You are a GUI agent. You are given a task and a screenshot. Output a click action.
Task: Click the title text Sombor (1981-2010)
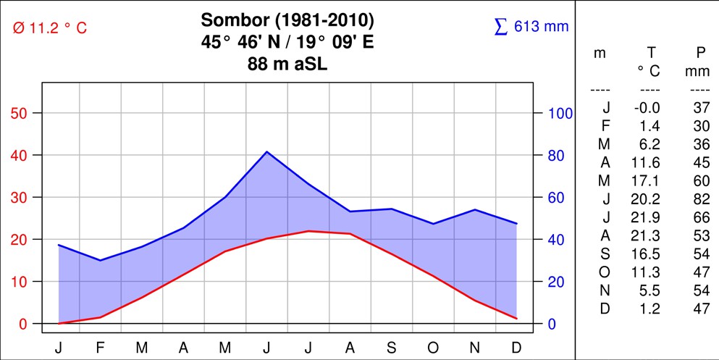click(287, 20)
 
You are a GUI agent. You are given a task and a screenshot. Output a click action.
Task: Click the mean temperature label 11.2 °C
click(49, 28)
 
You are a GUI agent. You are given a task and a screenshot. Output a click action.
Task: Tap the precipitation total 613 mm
click(531, 27)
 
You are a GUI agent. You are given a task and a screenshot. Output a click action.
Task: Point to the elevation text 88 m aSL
click(287, 64)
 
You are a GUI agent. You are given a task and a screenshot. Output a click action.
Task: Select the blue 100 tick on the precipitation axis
click(560, 113)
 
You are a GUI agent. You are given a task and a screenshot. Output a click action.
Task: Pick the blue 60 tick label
click(556, 197)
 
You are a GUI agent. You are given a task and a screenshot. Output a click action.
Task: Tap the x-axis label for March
click(142, 348)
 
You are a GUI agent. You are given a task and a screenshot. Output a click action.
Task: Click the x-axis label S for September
click(391, 348)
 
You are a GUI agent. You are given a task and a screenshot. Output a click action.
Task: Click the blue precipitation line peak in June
click(266, 151)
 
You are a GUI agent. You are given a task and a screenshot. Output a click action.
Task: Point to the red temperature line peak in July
click(308, 231)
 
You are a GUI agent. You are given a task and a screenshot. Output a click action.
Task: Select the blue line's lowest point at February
click(100, 260)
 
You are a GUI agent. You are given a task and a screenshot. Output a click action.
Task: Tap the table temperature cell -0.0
click(647, 108)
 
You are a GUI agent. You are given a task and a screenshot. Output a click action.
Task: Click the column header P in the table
click(699, 53)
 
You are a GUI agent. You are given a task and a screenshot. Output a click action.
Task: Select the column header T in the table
click(650, 53)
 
